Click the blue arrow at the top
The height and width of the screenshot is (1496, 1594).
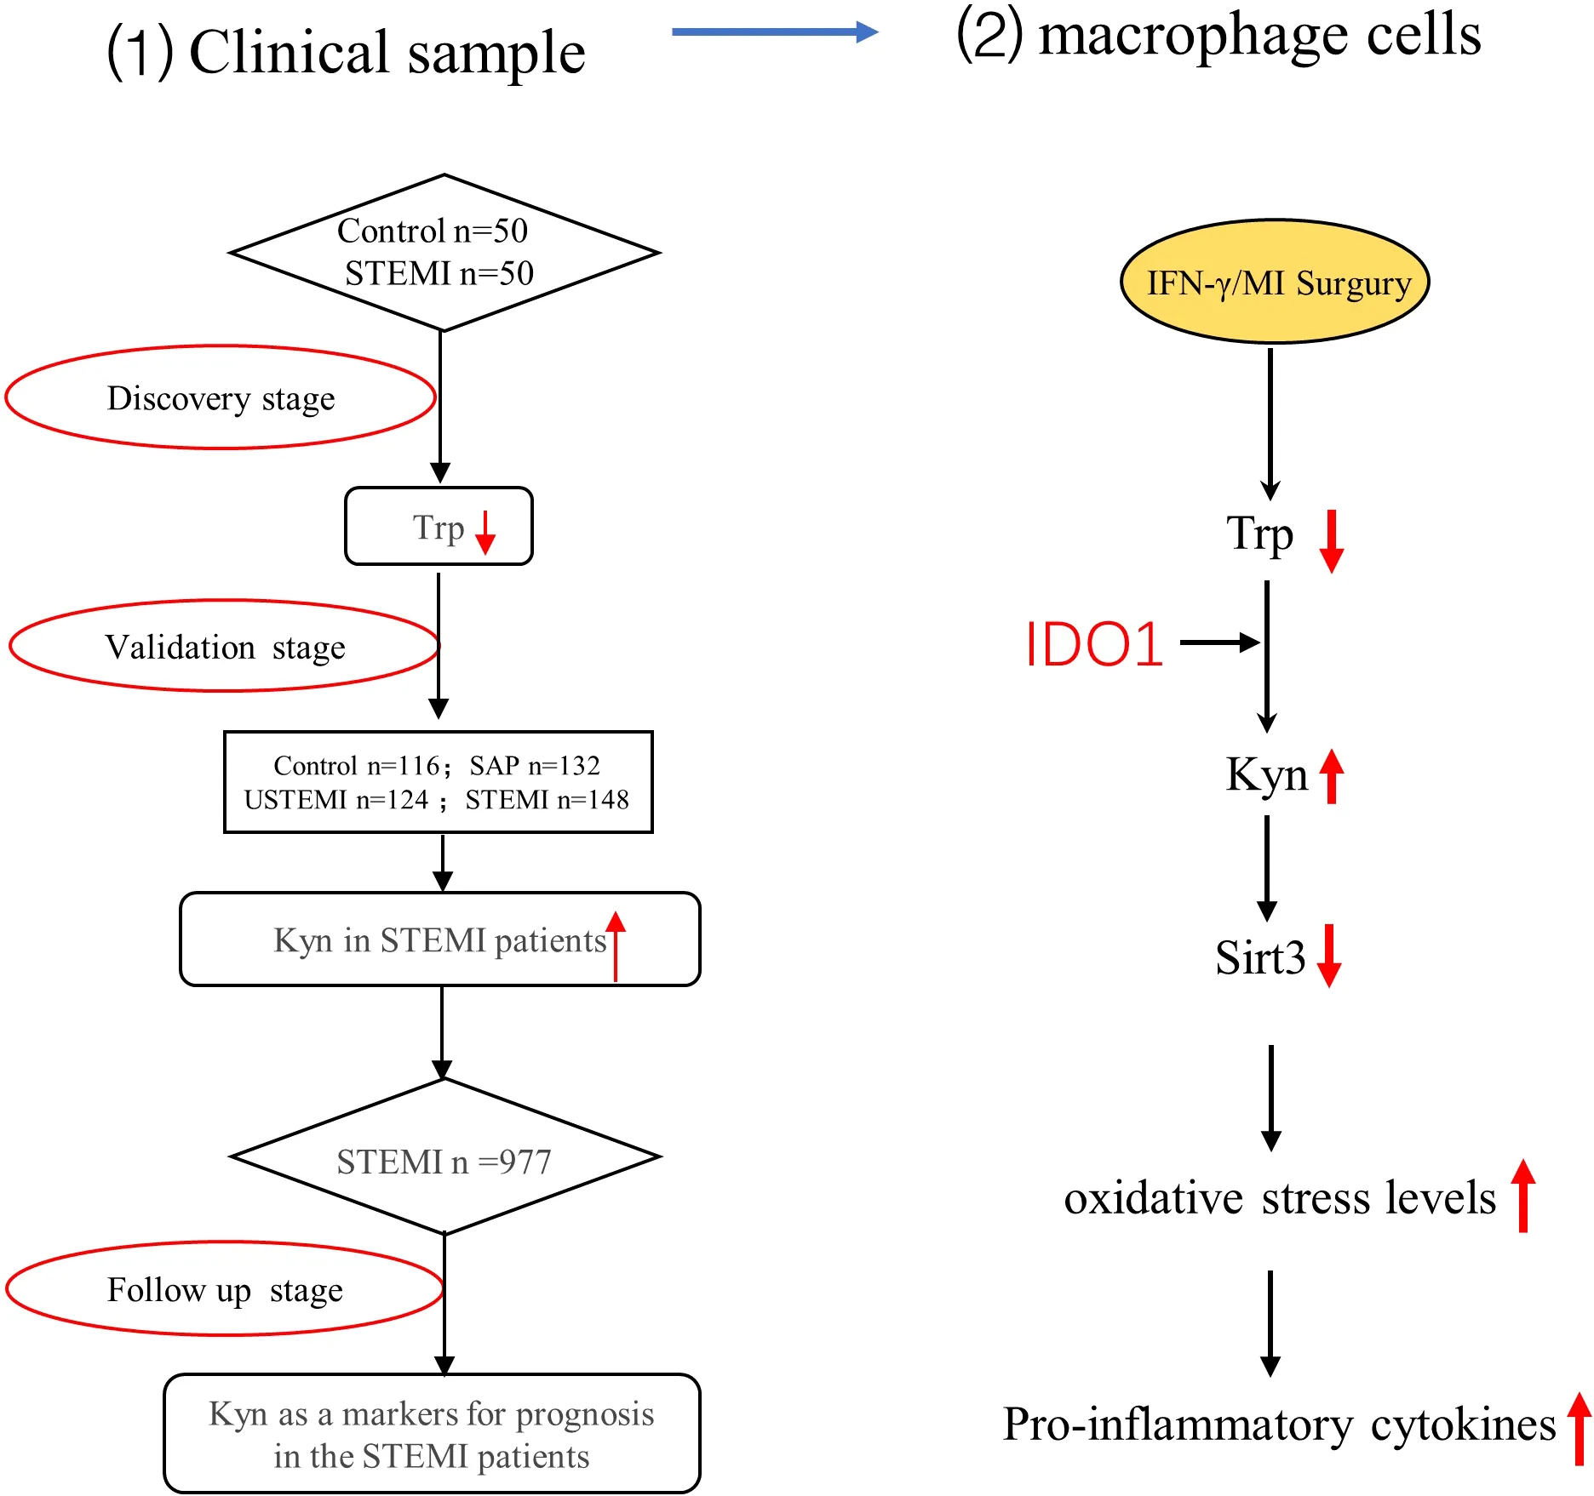click(775, 32)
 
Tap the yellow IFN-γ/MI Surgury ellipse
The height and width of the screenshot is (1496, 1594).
click(1274, 283)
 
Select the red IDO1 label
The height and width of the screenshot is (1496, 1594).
click(1094, 644)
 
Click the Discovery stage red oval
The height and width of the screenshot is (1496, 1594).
click(221, 397)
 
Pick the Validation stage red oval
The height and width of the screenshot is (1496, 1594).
click(224, 647)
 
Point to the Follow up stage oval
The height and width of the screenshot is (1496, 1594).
click(224, 1289)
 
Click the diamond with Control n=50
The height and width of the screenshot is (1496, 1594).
click(444, 253)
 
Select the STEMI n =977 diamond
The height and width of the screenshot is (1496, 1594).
click(444, 1157)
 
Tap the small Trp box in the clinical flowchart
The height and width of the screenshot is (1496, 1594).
click(439, 527)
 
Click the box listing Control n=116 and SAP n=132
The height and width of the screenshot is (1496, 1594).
click(438, 782)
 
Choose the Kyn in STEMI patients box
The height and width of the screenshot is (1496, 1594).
click(439, 939)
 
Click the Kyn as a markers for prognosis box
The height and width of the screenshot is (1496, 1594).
click(432, 1434)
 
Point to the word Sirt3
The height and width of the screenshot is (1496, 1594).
click(1259, 957)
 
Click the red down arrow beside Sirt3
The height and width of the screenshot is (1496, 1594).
click(1329, 956)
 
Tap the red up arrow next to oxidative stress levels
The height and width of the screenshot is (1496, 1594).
click(1523, 1196)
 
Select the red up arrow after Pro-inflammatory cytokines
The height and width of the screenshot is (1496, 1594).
click(1580, 1428)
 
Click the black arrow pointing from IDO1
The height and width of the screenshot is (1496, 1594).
click(1219, 642)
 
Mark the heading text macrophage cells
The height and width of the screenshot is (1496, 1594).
click(1259, 36)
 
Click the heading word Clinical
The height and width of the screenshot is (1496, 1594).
click(290, 53)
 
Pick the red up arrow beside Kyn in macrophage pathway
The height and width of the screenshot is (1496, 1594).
click(1332, 776)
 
